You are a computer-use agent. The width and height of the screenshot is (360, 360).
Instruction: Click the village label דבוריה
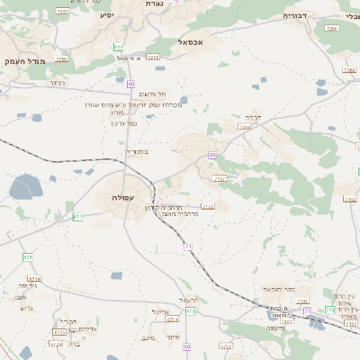click(295, 15)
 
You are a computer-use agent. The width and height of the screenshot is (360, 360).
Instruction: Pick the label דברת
click(252, 117)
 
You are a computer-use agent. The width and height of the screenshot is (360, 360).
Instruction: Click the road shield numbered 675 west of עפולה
click(27, 256)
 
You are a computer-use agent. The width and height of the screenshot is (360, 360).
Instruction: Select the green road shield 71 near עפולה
click(188, 246)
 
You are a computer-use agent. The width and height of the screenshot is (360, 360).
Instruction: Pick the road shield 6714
click(33, 279)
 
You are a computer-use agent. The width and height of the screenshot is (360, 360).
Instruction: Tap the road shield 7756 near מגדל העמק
click(61, 59)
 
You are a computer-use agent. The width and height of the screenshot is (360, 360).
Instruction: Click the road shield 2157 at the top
click(61, 11)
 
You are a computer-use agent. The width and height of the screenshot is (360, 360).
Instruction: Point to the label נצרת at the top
click(154, 4)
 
